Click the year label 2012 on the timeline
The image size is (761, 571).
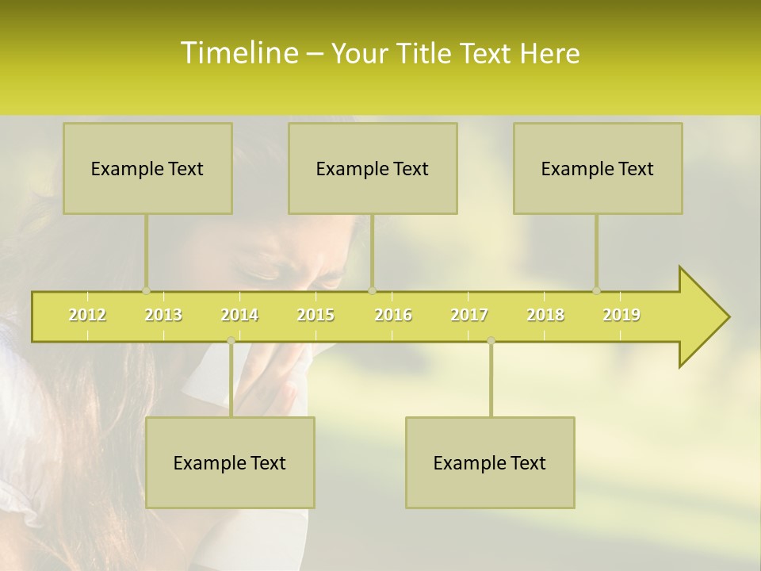87,315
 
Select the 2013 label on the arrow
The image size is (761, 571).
163,315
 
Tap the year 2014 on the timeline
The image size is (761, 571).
239,315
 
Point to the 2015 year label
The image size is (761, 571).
315,315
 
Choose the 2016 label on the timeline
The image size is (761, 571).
393,315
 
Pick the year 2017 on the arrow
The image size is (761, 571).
469,315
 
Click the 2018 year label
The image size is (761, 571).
545,315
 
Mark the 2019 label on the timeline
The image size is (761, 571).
621,315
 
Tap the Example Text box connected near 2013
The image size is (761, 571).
147,169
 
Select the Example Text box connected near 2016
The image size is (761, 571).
373,169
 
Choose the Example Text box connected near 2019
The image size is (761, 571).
598,169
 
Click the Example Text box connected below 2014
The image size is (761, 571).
230,463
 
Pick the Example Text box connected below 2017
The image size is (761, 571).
490,463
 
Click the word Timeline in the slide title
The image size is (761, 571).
237,53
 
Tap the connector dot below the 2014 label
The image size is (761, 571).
231,341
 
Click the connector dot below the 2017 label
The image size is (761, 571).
491,341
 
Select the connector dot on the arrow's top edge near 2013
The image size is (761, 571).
146,290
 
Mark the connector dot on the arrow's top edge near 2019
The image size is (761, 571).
596,290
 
